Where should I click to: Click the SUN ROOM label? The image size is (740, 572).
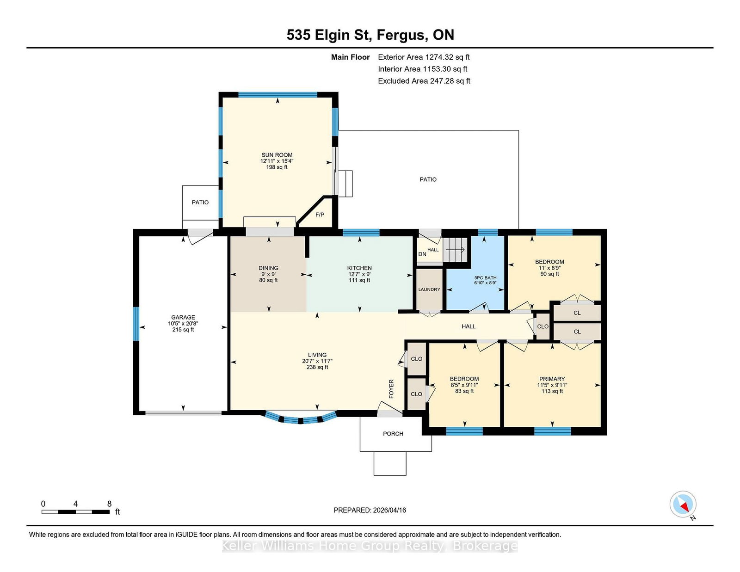pos(277,155)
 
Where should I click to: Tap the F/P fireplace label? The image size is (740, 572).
pos(320,215)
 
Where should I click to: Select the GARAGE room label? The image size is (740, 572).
pos(183,317)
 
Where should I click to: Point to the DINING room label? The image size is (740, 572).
pos(268,268)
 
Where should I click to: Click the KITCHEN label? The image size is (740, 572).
pos(359,268)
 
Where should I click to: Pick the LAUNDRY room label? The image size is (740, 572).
pos(429,289)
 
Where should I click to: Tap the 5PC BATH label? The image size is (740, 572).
pos(485,278)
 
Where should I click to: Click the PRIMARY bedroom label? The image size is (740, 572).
pos(552,379)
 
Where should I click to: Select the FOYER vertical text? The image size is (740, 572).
pos(391,389)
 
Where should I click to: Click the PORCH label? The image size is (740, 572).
pos(393,434)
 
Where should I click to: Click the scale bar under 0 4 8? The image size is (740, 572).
pos(75,512)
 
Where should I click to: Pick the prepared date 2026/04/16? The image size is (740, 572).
pos(389,510)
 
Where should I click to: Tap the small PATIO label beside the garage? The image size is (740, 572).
pos(200,202)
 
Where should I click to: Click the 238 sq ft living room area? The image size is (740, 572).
pos(317,367)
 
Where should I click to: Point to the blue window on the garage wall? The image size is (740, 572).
pos(136,324)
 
